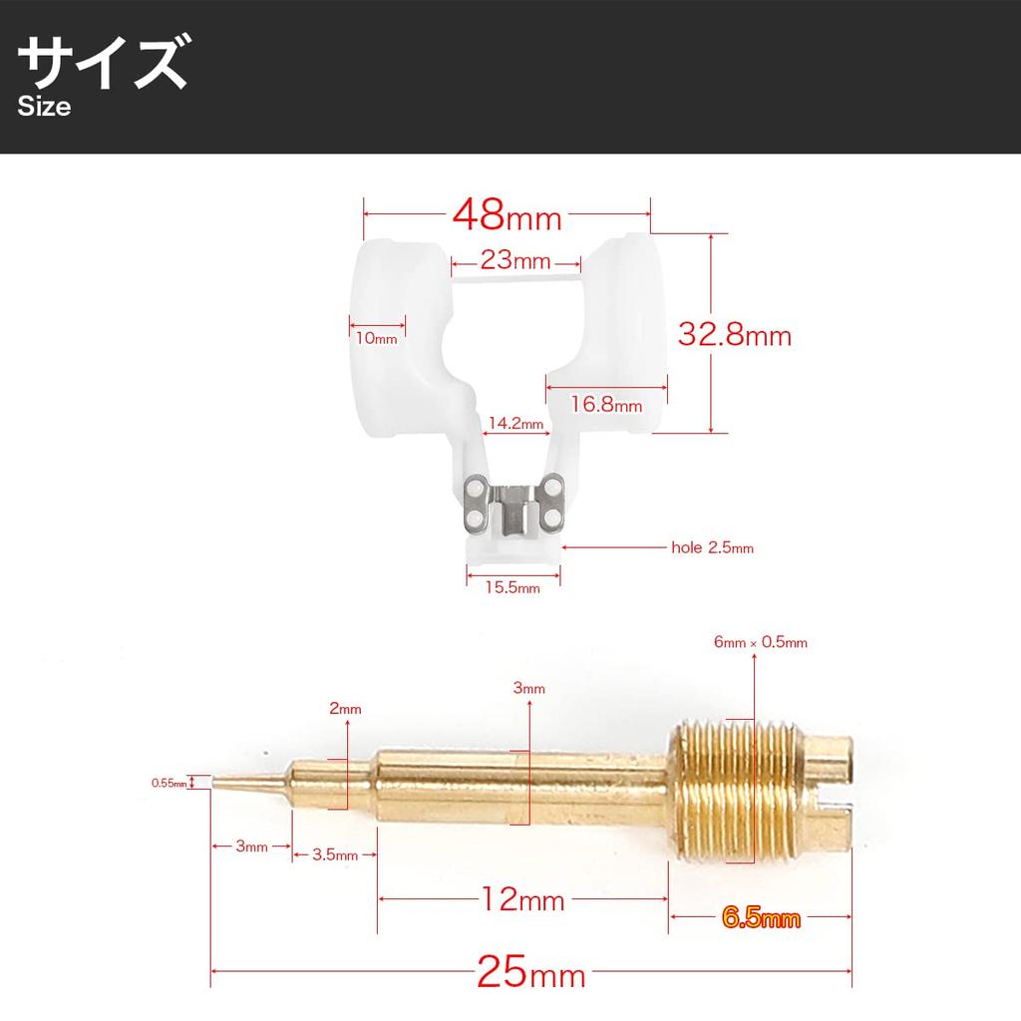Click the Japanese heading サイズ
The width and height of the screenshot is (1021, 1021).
(102, 64)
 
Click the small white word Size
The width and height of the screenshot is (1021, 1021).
(44, 107)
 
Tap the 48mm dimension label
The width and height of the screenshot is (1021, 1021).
(507, 213)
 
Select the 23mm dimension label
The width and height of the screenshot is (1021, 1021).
(515, 261)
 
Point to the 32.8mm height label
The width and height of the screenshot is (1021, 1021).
(734, 335)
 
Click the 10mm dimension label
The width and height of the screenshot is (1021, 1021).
(376, 338)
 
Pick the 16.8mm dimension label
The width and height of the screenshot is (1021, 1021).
(606, 404)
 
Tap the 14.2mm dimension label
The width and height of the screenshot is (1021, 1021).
(514, 424)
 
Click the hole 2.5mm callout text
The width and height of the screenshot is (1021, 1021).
(712, 547)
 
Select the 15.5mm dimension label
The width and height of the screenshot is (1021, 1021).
(512, 587)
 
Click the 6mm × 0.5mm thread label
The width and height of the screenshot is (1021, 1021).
(761, 643)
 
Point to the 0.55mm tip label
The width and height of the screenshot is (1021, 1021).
(170, 783)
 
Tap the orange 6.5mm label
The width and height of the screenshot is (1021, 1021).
(761, 917)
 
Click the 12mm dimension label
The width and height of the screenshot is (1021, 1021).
(522, 901)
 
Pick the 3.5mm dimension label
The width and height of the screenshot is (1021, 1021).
(334, 854)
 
